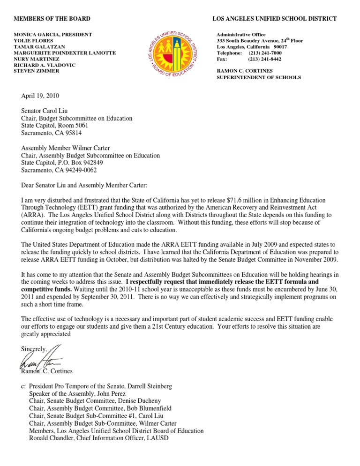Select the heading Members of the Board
52,19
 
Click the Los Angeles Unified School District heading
274,19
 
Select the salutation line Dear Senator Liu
84,185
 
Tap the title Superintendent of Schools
258,77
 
